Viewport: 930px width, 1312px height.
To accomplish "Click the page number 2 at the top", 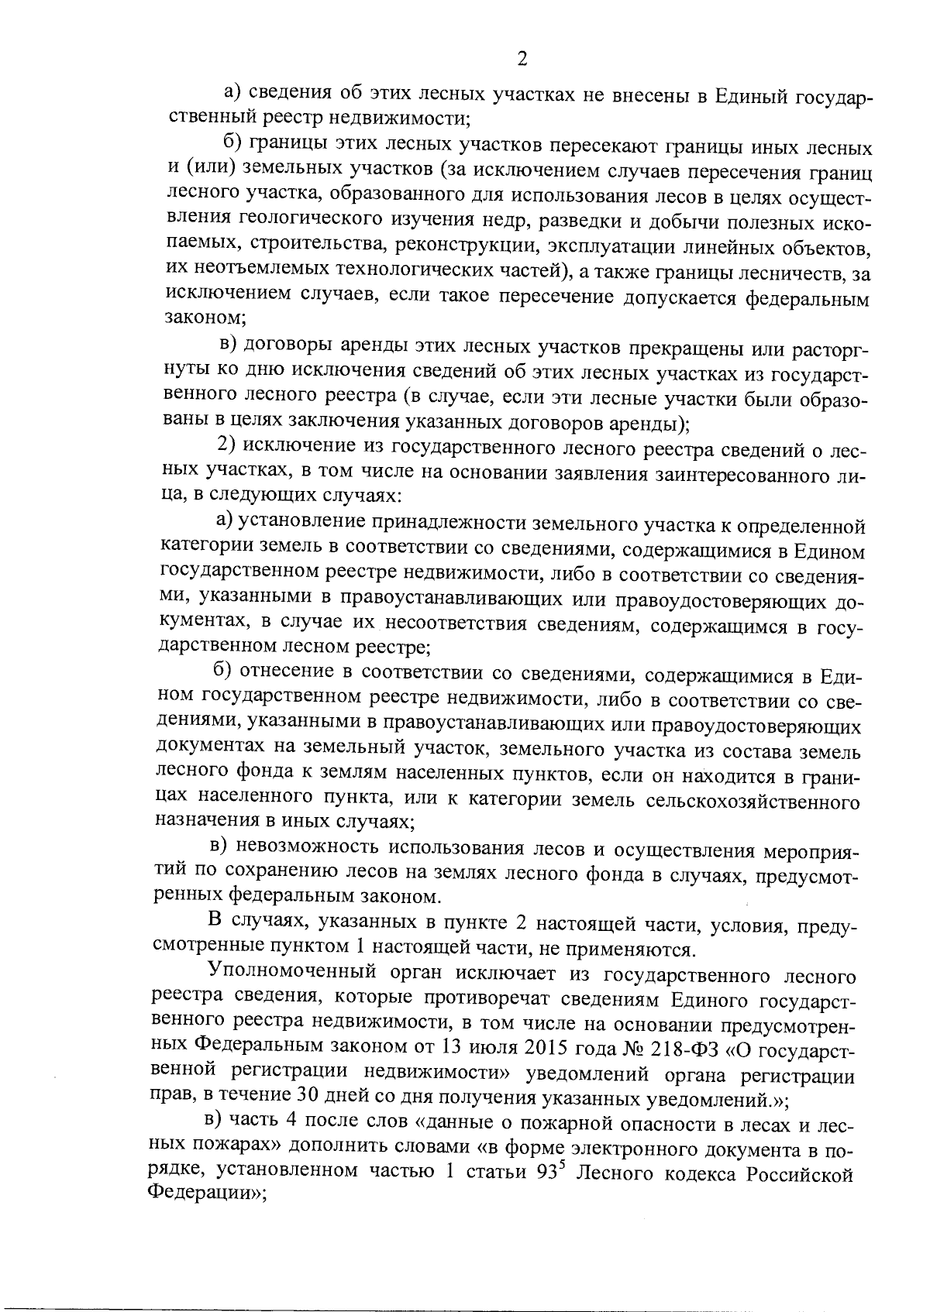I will pyautogui.click(x=522, y=60).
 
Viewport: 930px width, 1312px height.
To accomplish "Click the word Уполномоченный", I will pyautogui.click(x=294, y=974).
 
